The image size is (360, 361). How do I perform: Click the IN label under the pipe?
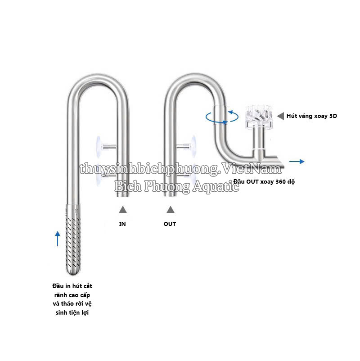122,224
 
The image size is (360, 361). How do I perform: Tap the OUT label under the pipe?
170,224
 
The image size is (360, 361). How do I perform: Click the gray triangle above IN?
123,209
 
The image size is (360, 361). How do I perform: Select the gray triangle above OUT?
171,209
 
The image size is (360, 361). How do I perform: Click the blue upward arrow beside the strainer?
58,239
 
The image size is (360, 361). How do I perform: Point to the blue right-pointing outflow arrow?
297,162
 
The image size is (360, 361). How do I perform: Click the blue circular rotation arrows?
222,117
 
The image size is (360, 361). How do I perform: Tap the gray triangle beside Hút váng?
280,116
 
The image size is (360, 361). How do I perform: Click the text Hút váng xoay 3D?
312,116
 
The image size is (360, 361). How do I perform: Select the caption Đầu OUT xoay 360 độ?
264,181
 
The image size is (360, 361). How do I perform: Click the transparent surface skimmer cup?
258,116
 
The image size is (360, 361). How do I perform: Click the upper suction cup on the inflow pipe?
99,147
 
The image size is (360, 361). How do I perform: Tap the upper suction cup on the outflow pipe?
194,146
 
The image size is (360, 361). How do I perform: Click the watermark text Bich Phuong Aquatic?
177,186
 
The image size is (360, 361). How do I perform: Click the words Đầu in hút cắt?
72,286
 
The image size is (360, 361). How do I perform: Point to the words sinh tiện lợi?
72,313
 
